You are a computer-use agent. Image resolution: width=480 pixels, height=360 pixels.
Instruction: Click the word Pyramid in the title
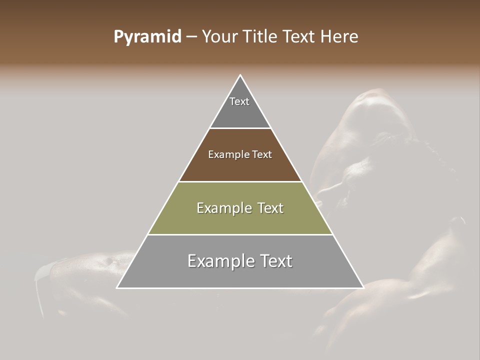coord(147,37)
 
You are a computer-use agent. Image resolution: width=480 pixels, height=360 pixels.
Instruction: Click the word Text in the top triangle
coord(239,101)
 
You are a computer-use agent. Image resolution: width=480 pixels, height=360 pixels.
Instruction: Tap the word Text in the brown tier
coord(262,155)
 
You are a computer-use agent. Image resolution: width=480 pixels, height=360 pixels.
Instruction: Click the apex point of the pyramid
coord(240,75)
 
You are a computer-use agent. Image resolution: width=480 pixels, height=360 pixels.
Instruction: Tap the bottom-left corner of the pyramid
coord(117,287)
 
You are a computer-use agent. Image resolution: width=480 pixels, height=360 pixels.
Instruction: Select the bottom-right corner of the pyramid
coord(363,287)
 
